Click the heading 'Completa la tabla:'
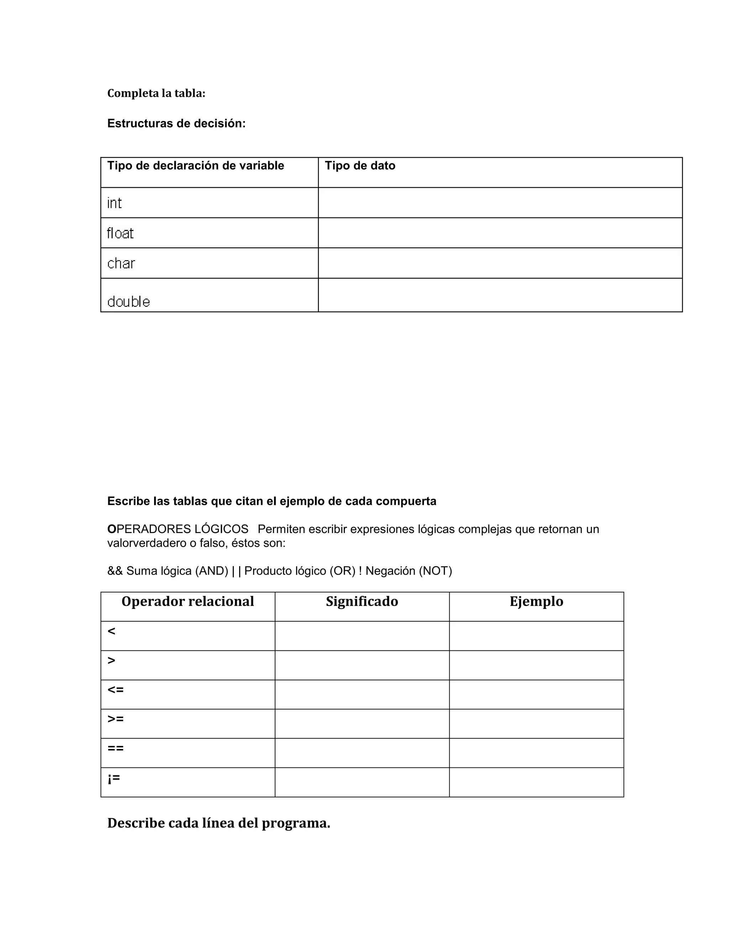pyautogui.click(x=156, y=93)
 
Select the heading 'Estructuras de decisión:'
pyautogui.click(x=176, y=123)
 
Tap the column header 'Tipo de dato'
pyautogui.click(x=360, y=166)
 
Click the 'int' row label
pyautogui.click(x=115, y=203)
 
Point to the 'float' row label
pyautogui.click(x=120, y=233)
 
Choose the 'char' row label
pyautogui.click(x=121, y=263)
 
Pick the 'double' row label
pyautogui.click(x=128, y=301)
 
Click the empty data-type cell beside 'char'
pyautogui.click(x=500, y=263)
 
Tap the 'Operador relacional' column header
pyautogui.click(x=188, y=601)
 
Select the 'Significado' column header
pyautogui.click(x=362, y=601)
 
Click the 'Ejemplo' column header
pyautogui.click(x=536, y=601)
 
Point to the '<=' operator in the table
pyautogui.click(x=115, y=690)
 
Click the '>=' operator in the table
pyautogui.click(x=115, y=719)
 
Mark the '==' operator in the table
pyautogui.click(x=115, y=748)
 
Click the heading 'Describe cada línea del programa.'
pyautogui.click(x=219, y=823)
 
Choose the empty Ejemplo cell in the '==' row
pyautogui.click(x=536, y=753)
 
